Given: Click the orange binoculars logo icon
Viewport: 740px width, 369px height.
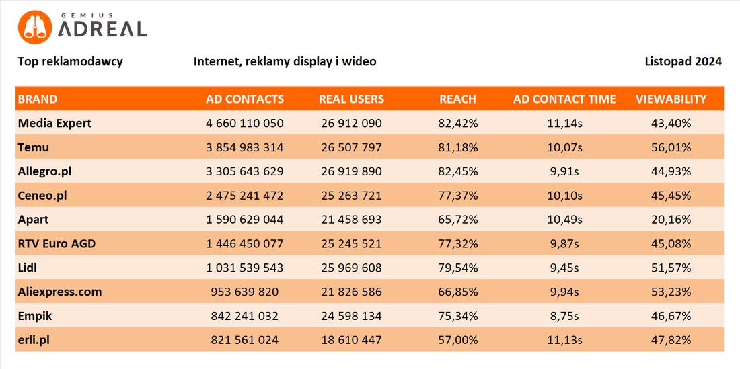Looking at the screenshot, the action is pyautogui.click(x=34, y=27).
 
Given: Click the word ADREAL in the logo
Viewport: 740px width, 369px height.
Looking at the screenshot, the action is pyautogui.click(x=102, y=29).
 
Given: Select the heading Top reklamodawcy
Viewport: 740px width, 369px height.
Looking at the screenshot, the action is pyautogui.click(x=71, y=62).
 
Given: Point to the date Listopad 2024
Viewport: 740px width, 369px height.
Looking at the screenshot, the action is pyautogui.click(x=683, y=62).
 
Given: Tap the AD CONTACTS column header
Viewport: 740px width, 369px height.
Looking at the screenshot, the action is pyautogui.click(x=245, y=99).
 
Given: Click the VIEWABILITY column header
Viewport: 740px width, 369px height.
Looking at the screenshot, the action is pyautogui.click(x=671, y=99).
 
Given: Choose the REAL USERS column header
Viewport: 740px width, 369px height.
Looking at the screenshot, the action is pyautogui.click(x=352, y=99).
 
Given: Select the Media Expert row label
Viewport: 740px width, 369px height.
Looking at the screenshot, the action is pyautogui.click(x=54, y=124).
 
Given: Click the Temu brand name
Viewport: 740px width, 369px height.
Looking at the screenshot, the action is pyautogui.click(x=34, y=147).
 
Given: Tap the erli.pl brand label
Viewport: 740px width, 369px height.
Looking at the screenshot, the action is pyautogui.click(x=34, y=340).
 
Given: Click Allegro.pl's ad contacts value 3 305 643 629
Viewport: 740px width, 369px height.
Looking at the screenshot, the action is pyautogui.click(x=245, y=171).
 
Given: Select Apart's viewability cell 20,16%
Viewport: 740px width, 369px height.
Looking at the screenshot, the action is pyautogui.click(x=671, y=220).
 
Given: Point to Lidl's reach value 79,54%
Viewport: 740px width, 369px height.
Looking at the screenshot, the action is pyautogui.click(x=458, y=268).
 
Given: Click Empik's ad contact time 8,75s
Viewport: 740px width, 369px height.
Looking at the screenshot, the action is pyautogui.click(x=564, y=316).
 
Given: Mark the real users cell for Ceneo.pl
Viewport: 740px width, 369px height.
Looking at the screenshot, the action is pyautogui.click(x=352, y=196).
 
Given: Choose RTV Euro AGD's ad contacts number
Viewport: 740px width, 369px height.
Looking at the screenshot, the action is pyautogui.click(x=245, y=243).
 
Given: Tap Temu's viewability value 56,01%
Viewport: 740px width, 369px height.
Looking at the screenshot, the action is pyautogui.click(x=671, y=147).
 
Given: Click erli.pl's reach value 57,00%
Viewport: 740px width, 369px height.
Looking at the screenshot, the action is pyautogui.click(x=458, y=340).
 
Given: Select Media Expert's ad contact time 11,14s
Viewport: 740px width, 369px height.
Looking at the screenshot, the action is pyautogui.click(x=564, y=124).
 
